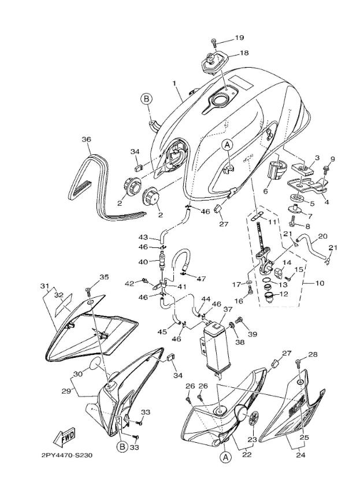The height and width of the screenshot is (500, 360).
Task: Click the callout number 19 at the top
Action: (x=239, y=38)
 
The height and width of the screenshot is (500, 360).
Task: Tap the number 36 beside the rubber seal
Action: (x=86, y=139)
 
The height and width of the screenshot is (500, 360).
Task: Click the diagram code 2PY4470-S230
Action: (x=66, y=455)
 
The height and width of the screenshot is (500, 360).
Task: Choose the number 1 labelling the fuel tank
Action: (x=174, y=83)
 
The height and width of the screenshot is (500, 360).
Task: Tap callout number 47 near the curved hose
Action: (x=201, y=279)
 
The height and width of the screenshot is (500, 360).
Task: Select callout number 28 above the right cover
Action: (x=313, y=354)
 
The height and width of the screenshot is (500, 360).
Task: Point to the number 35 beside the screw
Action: (x=104, y=277)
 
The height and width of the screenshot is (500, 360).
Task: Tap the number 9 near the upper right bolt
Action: (x=332, y=158)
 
